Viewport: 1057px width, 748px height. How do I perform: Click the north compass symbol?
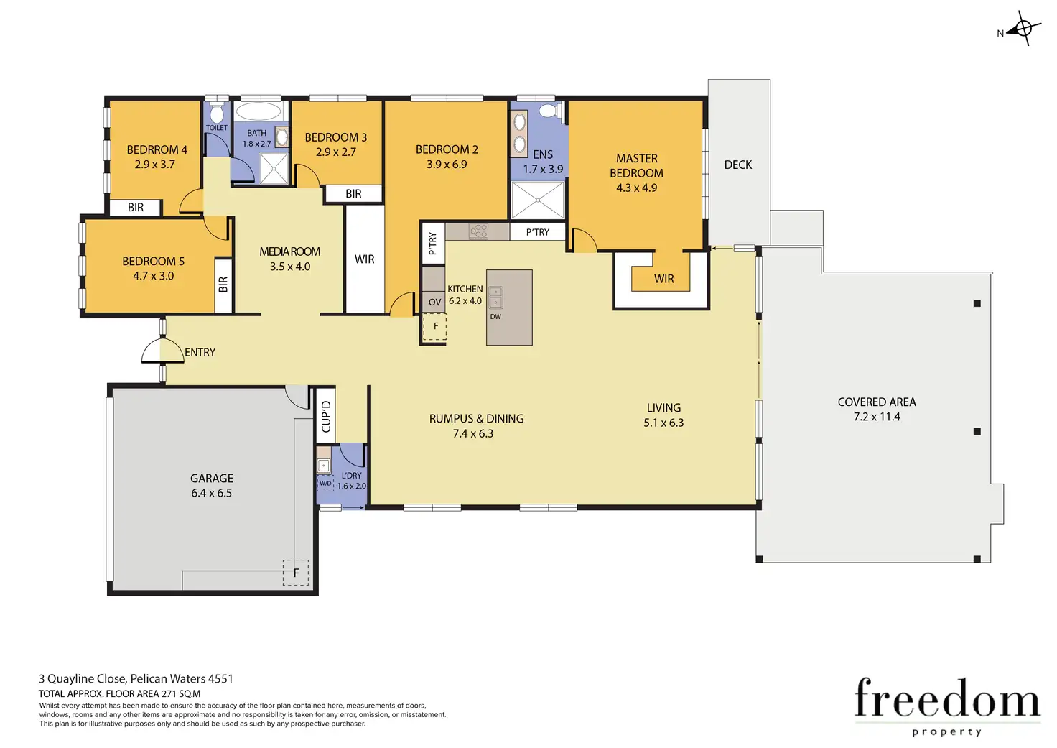tap(1023, 29)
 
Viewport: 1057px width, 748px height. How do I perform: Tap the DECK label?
tap(738, 165)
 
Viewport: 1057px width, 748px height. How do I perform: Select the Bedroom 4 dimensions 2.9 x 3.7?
tap(155, 165)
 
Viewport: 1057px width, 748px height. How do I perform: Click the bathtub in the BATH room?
tap(258, 111)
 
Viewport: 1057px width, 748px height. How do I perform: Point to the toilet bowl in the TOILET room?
tap(217, 114)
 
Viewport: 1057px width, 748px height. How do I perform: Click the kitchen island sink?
tap(495, 297)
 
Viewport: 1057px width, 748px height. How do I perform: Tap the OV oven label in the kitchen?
tap(435, 303)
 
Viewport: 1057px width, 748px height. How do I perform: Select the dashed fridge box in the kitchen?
tap(434, 327)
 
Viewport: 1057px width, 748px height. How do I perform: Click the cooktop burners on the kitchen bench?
tap(478, 231)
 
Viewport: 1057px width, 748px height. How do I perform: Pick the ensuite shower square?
tap(538, 200)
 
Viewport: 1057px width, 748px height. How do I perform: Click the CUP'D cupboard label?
tap(326, 416)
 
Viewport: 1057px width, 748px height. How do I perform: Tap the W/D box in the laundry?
tap(325, 484)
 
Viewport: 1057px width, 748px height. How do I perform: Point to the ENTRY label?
tap(200, 352)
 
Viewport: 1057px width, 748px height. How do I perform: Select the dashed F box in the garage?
tap(296, 573)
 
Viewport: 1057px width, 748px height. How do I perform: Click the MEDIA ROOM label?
tap(289, 251)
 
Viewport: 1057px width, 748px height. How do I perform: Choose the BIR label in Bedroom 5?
tap(223, 285)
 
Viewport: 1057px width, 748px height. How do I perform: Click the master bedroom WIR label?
tap(664, 279)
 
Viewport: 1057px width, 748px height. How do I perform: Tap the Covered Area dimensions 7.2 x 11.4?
tap(877, 417)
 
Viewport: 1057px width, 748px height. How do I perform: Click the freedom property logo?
tap(948, 707)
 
